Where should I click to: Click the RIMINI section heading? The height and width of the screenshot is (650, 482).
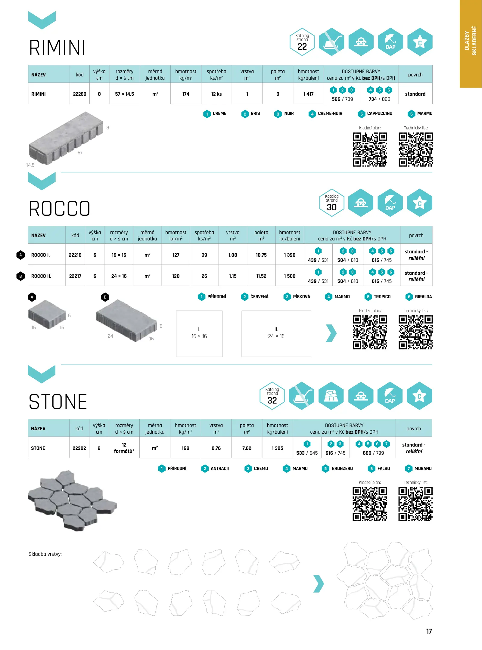click(57, 48)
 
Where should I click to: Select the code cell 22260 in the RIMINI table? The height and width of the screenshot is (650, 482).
click(79, 94)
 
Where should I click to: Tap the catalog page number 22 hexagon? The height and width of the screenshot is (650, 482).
click(302, 42)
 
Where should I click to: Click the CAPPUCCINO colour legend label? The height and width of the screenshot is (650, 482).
click(379, 113)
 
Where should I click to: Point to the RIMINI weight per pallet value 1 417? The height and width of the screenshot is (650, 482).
click(308, 94)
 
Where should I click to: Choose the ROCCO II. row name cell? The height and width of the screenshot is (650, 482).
click(41, 276)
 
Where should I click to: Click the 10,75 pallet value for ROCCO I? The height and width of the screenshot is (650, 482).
click(261, 255)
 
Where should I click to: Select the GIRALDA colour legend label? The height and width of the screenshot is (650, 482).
click(423, 297)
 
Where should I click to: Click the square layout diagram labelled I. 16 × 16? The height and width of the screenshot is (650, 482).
click(199, 333)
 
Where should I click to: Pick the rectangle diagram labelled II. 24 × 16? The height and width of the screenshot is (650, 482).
click(276, 333)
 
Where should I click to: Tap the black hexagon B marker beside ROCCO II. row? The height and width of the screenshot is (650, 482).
click(20, 276)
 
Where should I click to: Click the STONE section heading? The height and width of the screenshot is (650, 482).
click(58, 402)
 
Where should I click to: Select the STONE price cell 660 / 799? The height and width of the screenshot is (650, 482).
click(373, 453)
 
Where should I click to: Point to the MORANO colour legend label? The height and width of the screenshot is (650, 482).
click(423, 469)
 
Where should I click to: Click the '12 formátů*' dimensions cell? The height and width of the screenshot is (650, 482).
click(124, 448)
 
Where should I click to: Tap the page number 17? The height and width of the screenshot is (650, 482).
click(429, 631)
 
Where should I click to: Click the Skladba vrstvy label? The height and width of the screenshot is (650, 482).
click(45, 554)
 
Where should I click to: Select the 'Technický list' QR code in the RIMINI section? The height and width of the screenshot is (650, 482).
click(415, 150)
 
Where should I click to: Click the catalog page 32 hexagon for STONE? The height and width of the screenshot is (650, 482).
click(272, 396)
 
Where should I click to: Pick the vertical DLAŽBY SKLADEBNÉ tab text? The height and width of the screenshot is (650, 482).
click(471, 41)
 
